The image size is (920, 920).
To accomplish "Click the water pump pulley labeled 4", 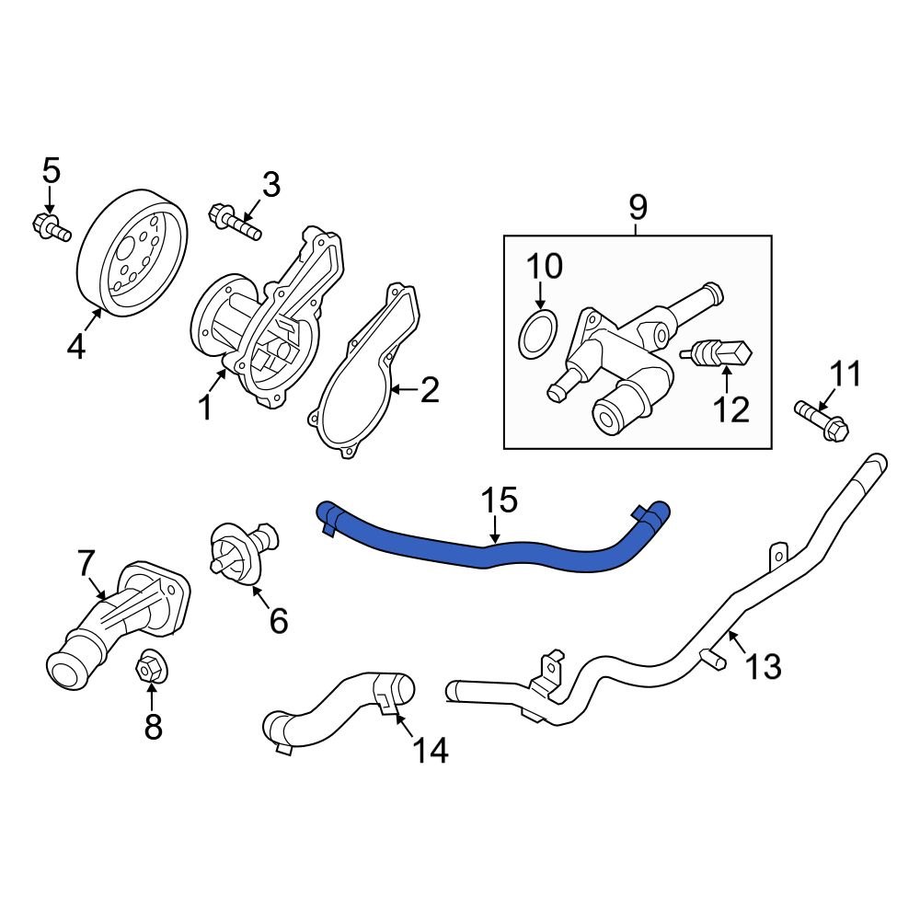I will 132,253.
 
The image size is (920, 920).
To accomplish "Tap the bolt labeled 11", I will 822,419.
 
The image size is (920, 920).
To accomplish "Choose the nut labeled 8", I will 150,669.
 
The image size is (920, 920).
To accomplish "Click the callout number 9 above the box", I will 638,208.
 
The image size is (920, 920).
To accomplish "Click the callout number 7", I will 86,561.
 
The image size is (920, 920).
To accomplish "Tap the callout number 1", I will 205,407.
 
